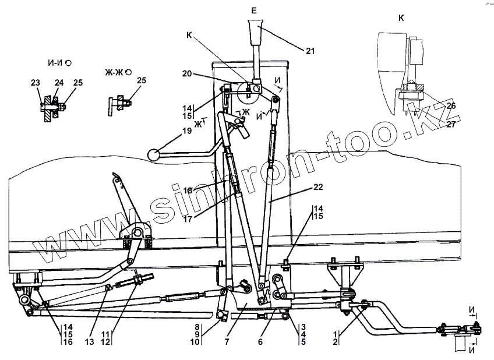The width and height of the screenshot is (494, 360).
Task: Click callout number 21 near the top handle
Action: (x=309, y=51)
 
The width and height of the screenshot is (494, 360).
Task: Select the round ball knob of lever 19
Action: (x=154, y=156)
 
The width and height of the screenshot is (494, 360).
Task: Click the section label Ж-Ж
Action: (x=115, y=72)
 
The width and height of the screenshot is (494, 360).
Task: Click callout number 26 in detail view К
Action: (x=451, y=106)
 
